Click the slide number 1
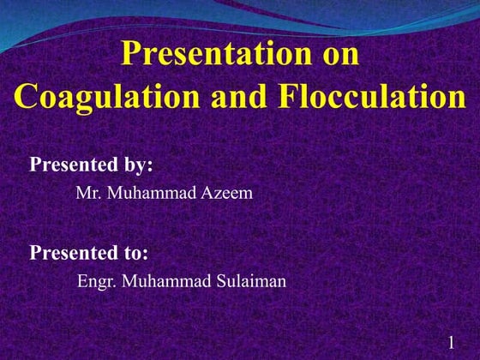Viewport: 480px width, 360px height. click(x=450, y=344)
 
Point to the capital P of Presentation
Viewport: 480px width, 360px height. click(x=130, y=54)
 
